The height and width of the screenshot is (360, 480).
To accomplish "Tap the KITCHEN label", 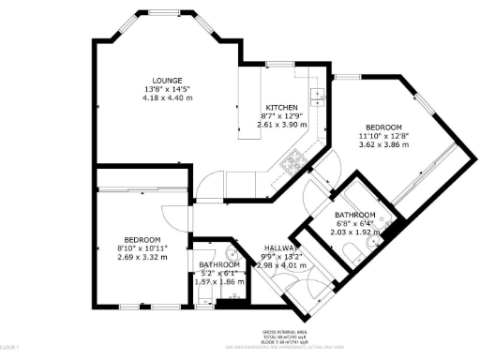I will click(282, 107).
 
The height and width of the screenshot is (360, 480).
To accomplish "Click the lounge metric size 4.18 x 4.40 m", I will click(167, 97).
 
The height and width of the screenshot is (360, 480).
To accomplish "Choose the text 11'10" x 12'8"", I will click(383, 136).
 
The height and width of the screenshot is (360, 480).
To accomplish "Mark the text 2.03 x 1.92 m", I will click(355, 232).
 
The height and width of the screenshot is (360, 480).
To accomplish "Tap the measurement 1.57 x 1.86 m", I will click(218, 281).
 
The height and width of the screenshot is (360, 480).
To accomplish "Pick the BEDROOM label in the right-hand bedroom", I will click(383, 127).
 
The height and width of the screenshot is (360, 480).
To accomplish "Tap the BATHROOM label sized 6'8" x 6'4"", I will click(355, 215).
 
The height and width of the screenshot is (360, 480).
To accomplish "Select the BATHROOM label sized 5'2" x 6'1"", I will click(218, 264).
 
